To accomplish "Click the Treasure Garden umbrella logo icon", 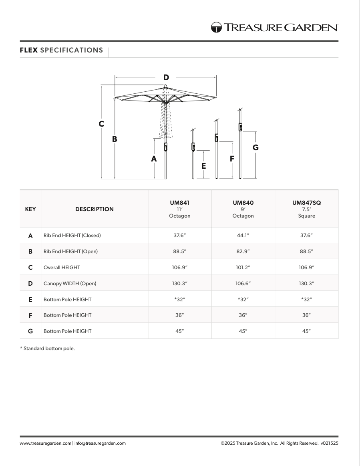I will tap(217, 27).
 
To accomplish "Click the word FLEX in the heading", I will tap(29, 50).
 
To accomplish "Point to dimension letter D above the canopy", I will tap(166, 77).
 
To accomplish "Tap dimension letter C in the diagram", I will tap(102, 124).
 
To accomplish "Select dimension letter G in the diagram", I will tap(255, 147).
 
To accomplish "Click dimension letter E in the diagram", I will tap(204, 165).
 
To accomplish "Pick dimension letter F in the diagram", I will tap(232, 159).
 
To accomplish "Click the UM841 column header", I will tap(179, 203).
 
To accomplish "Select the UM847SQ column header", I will tap(306, 203).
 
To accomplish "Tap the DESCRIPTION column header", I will tap(95, 209).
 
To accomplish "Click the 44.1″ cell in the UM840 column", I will tap(243, 236).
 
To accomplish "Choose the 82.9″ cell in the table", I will tap(243, 252).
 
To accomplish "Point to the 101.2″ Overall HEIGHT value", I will tap(243, 267).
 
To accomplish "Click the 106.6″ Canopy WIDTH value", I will tap(243, 283).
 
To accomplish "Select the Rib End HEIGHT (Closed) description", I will tap(72, 236).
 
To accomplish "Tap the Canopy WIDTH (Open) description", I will tap(70, 283).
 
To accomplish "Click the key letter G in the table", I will tap(30, 331).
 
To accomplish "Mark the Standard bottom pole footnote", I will tap(47, 349).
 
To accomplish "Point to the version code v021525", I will tap(329, 443).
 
